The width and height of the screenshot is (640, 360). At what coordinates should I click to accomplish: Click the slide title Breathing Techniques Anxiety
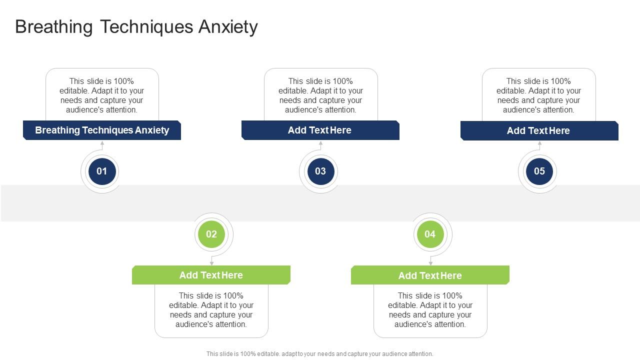pyautogui.click(x=136, y=27)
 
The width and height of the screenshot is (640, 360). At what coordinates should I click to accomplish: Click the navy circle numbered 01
pyautogui.click(x=102, y=171)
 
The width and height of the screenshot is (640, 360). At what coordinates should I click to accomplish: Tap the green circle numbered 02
pyautogui.click(x=211, y=234)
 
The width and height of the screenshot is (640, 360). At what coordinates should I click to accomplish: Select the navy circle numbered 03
pyautogui.click(x=320, y=171)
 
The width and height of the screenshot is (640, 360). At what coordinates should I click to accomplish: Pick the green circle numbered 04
pyautogui.click(x=430, y=234)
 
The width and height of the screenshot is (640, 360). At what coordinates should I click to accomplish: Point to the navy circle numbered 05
pyautogui.click(x=539, y=171)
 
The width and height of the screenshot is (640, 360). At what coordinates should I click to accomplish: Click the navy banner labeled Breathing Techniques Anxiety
pyautogui.click(x=102, y=130)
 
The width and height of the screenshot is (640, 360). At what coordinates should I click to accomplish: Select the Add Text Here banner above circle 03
pyautogui.click(x=320, y=130)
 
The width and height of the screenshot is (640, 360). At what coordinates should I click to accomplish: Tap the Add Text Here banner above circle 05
pyautogui.click(x=538, y=131)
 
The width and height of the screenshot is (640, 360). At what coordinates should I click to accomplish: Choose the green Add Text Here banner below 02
pyautogui.click(x=211, y=275)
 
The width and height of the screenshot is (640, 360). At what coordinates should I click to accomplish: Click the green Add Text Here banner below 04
pyautogui.click(x=430, y=275)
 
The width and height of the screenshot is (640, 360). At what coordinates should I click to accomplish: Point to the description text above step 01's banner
pyautogui.click(x=102, y=95)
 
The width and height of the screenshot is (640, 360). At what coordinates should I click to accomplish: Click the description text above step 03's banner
pyautogui.click(x=320, y=95)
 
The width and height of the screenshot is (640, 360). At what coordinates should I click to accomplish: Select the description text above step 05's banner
pyautogui.click(x=538, y=95)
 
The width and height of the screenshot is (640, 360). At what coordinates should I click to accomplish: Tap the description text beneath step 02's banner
pyautogui.click(x=211, y=310)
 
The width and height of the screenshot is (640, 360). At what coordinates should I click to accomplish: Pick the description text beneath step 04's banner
pyautogui.click(x=430, y=310)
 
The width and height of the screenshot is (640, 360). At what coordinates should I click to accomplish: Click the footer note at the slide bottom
pyautogui.click(x=320, y=354)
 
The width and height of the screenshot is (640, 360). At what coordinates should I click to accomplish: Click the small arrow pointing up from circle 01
pyautogui.click(x=102, y=143)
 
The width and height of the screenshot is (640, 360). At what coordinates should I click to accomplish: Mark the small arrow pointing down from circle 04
pyautogui.click(x=430, y=262)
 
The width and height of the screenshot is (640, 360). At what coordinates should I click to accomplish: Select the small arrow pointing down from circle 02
pyautogui.click(x=211, y=262)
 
